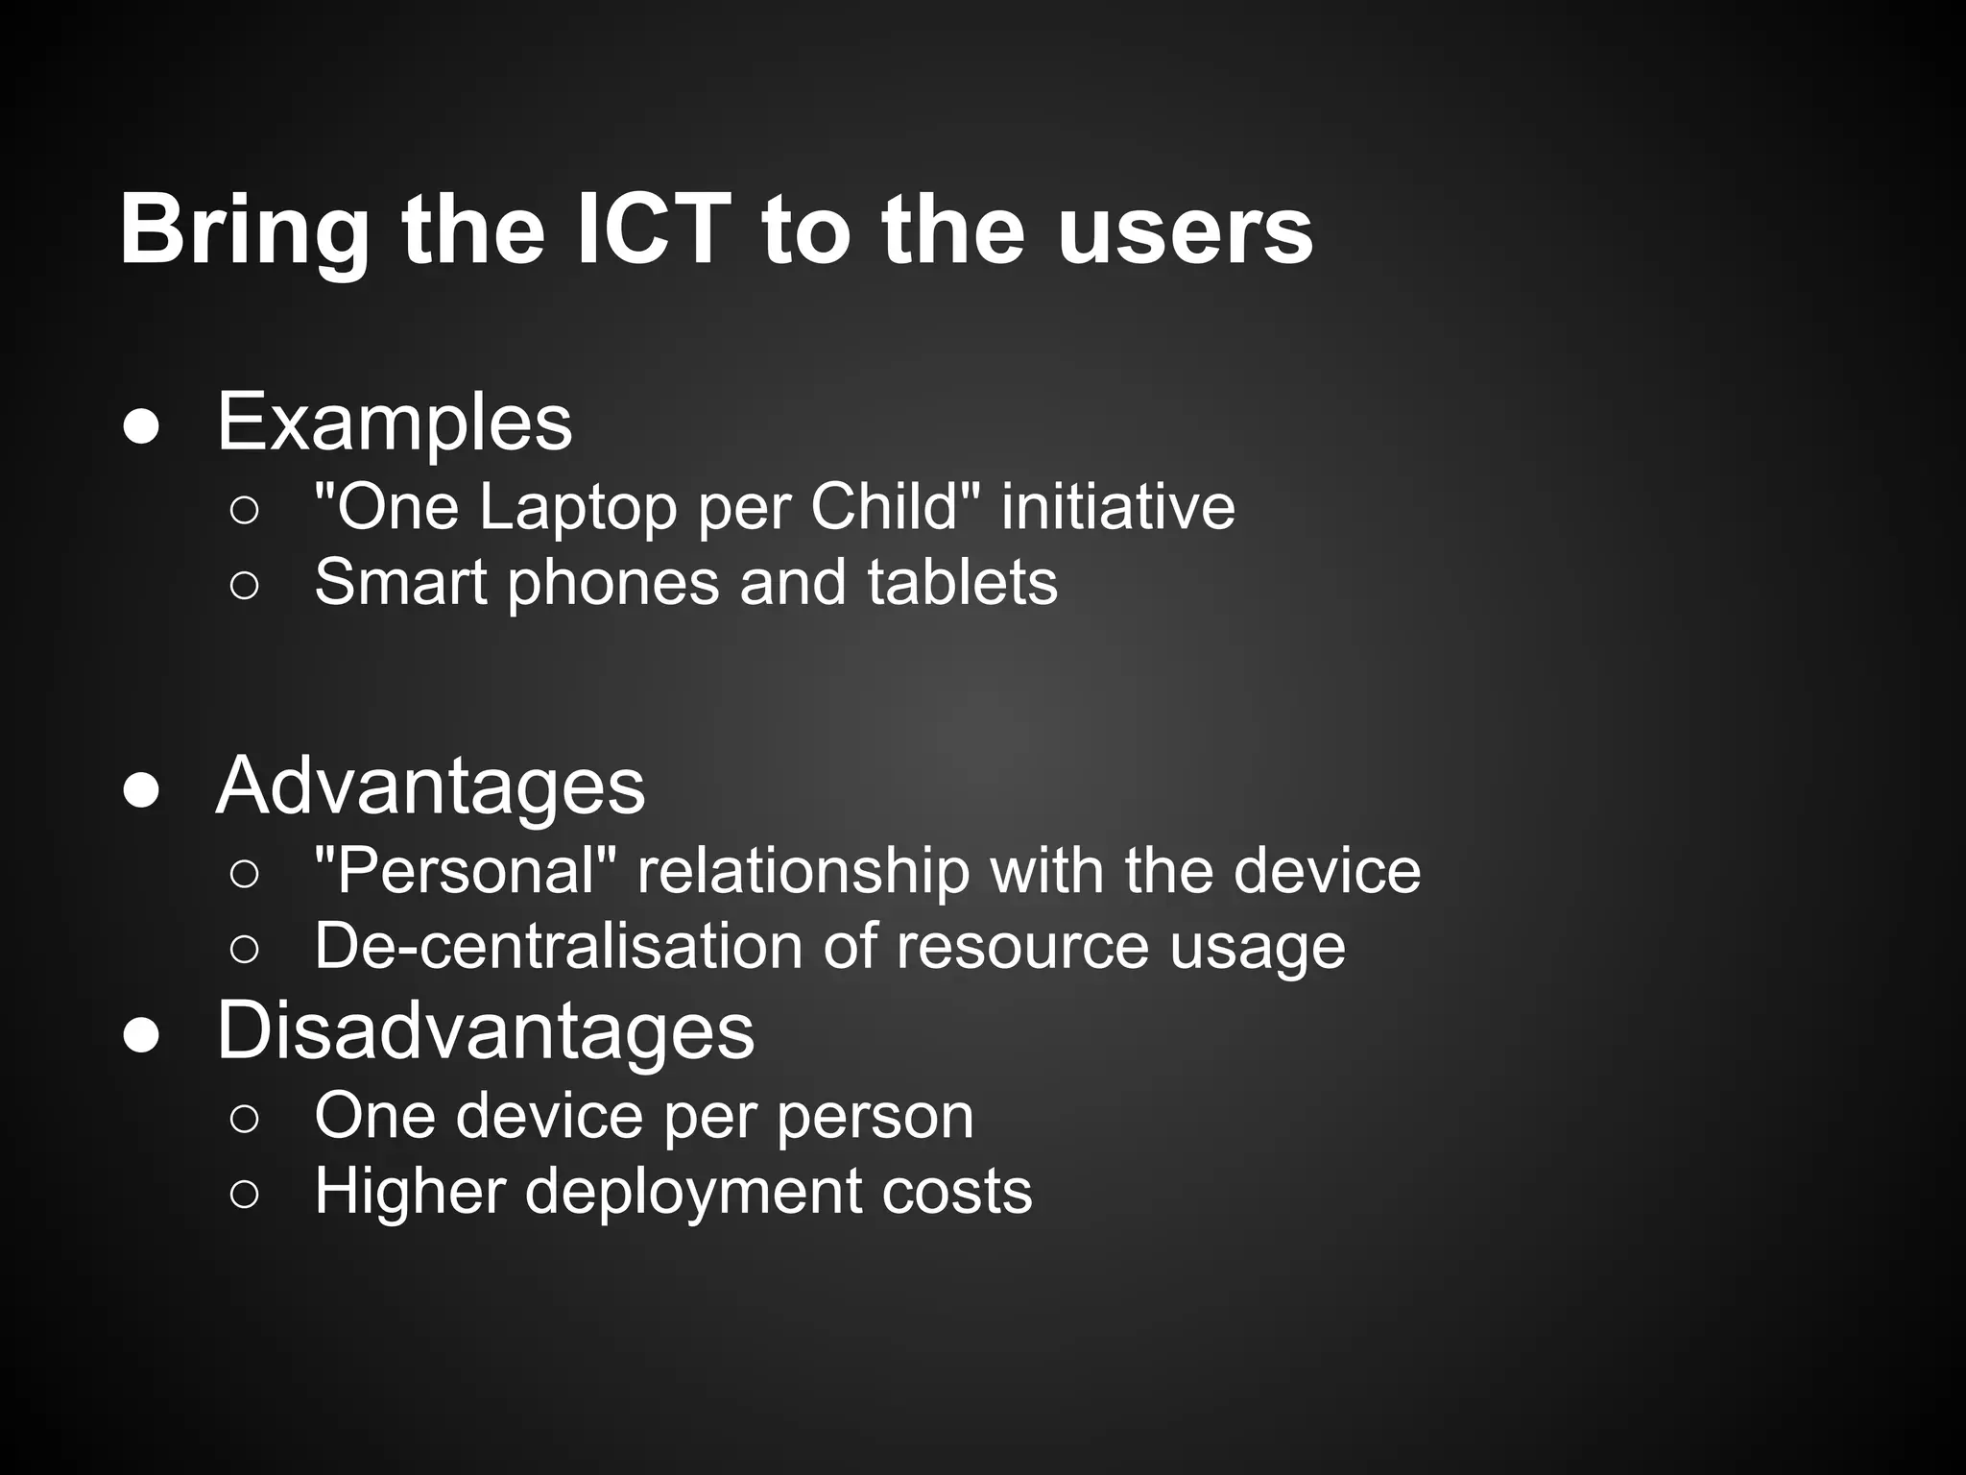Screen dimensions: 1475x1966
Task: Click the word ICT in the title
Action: (x=654, y=230)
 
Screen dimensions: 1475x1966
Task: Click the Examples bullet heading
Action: (x=395, y=423)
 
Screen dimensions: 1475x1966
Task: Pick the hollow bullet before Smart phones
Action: (x=245, y=585)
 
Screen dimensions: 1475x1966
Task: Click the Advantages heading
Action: (x=430, y=786)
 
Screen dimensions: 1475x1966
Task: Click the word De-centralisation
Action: (x=558, y=946)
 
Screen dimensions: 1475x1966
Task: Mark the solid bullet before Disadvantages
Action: (x=142, y=1034)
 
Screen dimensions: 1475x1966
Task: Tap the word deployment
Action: (x=692, y=1193)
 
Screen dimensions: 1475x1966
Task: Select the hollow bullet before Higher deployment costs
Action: (x=245, y=1194)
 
